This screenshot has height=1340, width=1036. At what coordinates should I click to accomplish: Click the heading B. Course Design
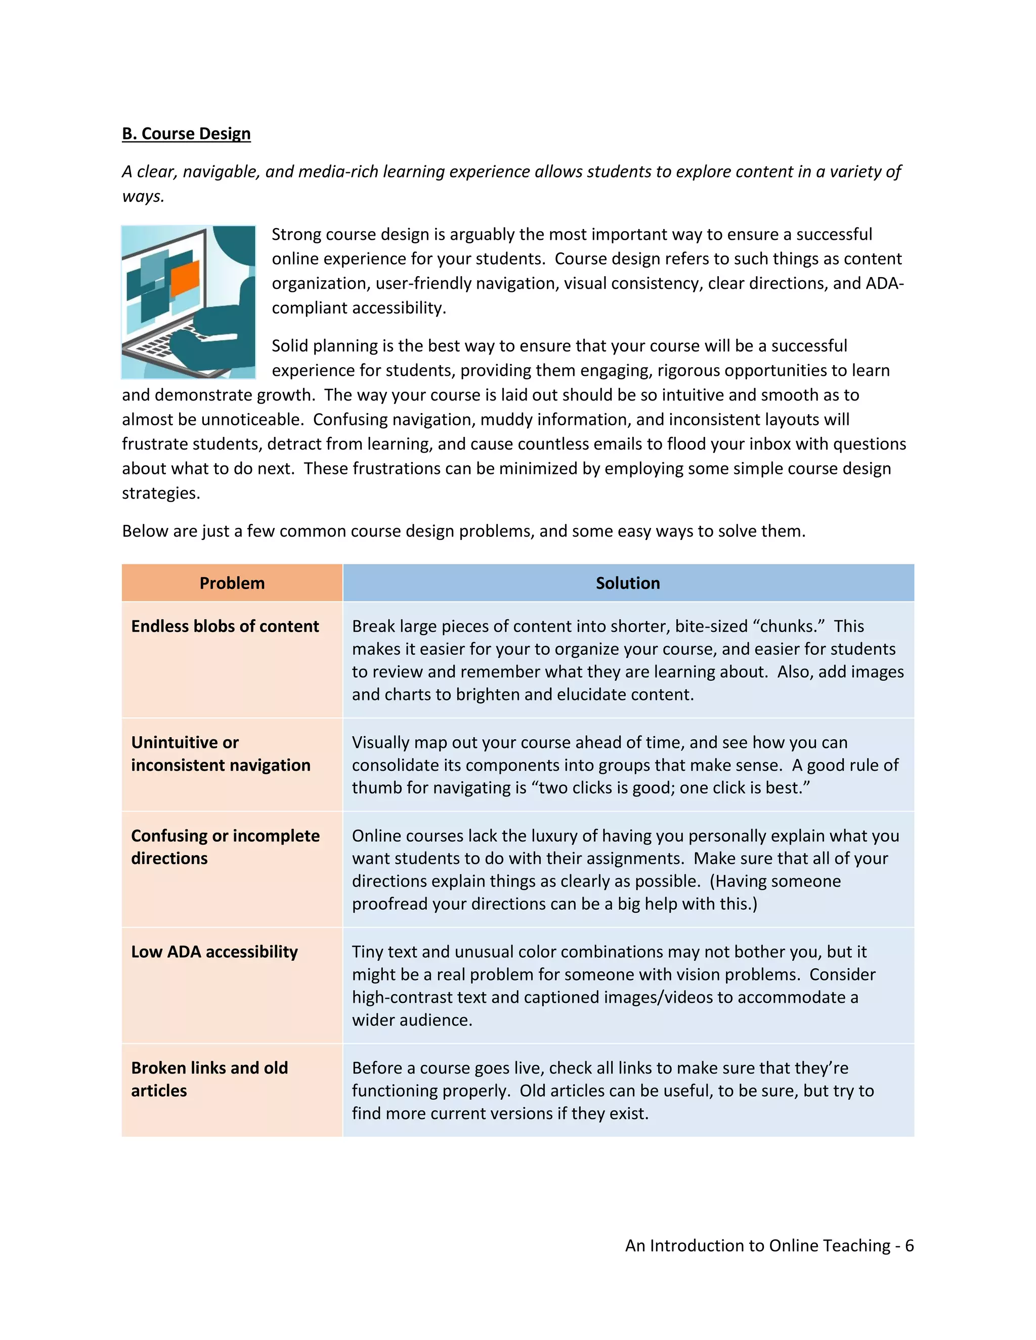pyautogui.click(x=186, y=134)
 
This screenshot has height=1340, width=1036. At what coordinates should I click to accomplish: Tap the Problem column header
pyautogui.click(x=232, y=583)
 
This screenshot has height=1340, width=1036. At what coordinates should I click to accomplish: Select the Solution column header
pyautogui.click(x=628, y=583)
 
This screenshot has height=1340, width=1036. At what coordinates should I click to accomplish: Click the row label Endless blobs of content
pyautogui.click(x=225, y=626)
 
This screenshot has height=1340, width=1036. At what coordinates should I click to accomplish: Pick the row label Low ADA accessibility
pyautogui.click(x=214, y=952)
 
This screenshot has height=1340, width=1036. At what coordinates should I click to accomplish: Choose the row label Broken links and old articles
pyautogui.click(x=209, y=1079)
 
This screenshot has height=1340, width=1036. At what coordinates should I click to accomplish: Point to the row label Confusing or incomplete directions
pyautogui.click(x=225, y=846)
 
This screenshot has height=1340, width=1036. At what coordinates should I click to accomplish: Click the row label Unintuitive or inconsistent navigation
pyautogui.click(x=221, y=753)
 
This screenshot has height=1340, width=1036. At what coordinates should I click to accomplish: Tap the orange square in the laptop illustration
pyautogui.click(x=185, y=277)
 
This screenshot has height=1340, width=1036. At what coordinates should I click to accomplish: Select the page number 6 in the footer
pyautogui.click(x=909, y=1245)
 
